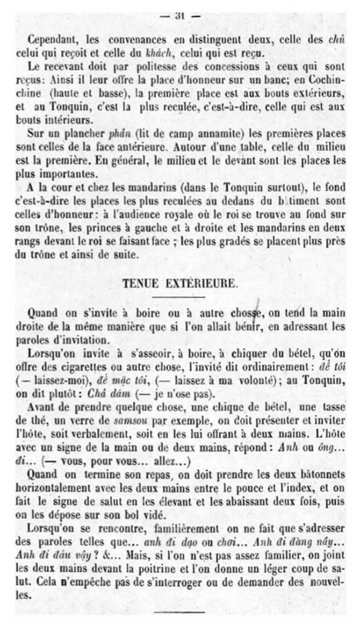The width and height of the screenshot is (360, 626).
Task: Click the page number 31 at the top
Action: [x=179, y=15]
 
